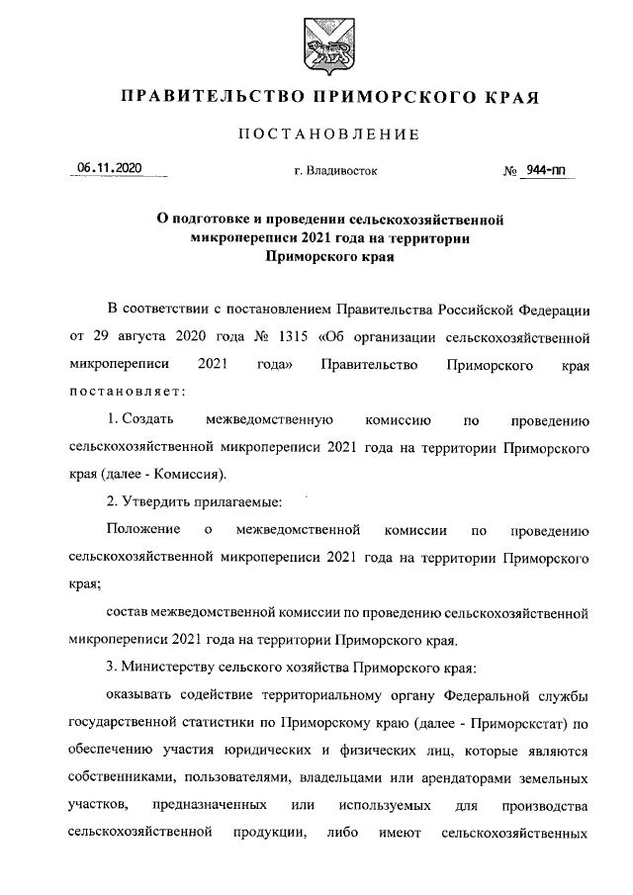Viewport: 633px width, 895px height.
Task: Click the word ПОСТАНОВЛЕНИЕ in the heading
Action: (328, 134)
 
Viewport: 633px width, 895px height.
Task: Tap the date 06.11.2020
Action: (110, 169)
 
